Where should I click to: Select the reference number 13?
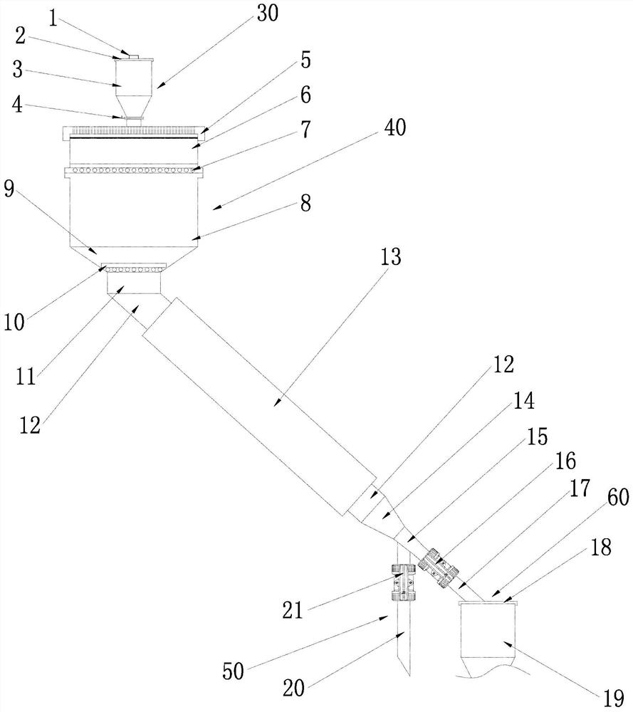click(390, 257)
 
